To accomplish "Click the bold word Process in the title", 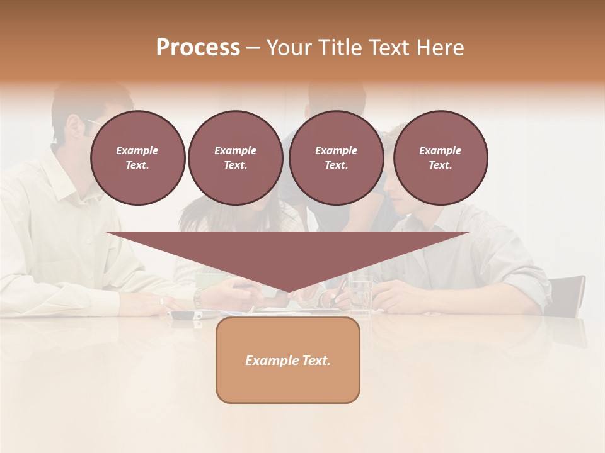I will tap(198, 48).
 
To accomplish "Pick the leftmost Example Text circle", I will tap(137, 158).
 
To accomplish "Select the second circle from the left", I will tap(235, 158).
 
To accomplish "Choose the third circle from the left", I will tap(336, 158).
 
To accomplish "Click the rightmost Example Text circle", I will tap(441, 158).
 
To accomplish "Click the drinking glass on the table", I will tap(360, 292).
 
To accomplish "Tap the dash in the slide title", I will tap(253, 48).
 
